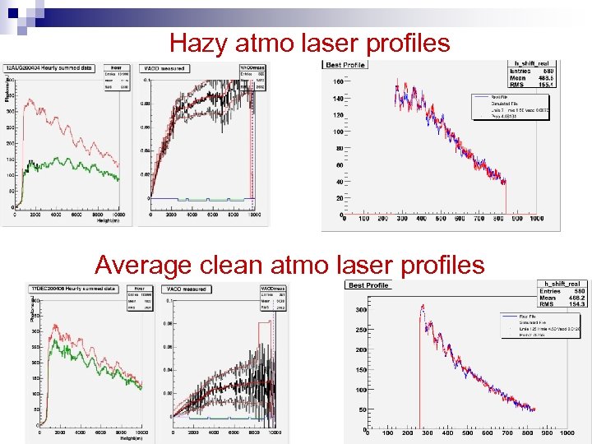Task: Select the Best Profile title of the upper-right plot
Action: click(x=345, y=64)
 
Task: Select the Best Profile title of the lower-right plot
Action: click(x=367, y=285)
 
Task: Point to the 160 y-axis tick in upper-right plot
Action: click(x=338, y=82)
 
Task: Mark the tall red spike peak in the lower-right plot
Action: click(x=422, y=306)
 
